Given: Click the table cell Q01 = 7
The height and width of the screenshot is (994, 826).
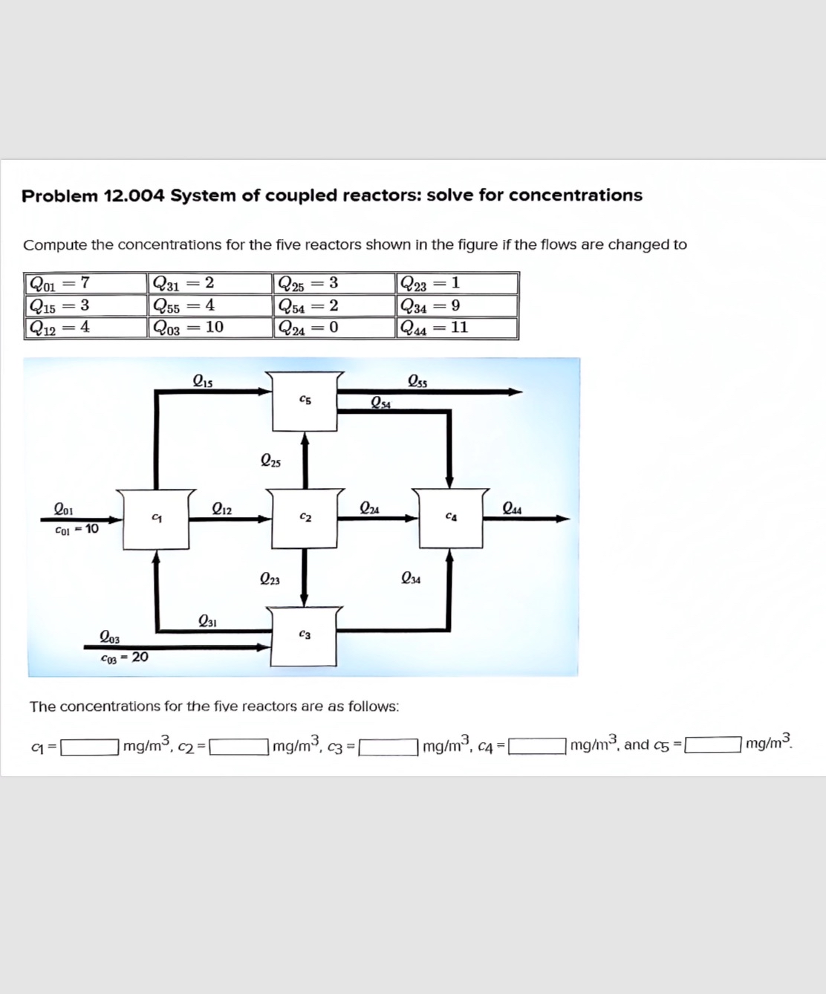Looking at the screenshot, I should (85, 283).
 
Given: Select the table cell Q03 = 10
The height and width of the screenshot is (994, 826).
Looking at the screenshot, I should (209, 328).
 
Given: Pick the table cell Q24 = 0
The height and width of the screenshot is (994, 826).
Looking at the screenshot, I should (334, 328).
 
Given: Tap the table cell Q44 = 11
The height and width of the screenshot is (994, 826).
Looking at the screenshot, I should (457, 328).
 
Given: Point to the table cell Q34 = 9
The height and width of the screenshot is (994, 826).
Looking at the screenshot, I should (457, 305).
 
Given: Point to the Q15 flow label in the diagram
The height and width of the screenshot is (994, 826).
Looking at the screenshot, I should (203, 382).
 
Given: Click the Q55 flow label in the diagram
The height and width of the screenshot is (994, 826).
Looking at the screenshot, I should (417, 382).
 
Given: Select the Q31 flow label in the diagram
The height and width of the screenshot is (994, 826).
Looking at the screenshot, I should (207, 621).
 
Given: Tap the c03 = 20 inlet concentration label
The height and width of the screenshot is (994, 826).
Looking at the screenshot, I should (124, 657).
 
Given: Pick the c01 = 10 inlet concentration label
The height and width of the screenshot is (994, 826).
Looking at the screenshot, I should (77, 529).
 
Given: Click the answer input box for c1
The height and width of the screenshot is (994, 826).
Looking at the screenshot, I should (89, 745).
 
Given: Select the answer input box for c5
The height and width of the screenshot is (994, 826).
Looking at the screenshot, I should (712, 744).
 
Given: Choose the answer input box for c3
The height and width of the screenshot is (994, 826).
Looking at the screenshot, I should (388, 745).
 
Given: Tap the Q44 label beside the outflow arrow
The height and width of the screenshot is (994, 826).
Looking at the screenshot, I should (512, 509).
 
